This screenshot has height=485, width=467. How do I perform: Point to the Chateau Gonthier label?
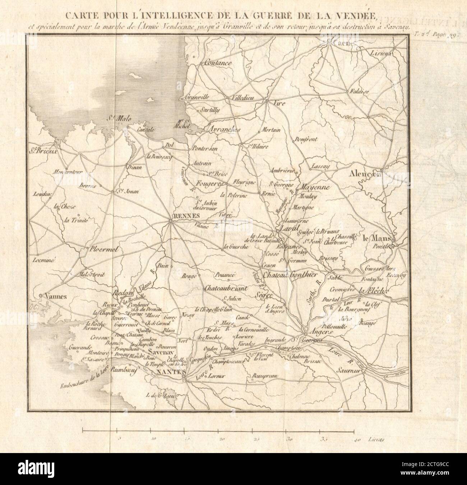tap(291, 275)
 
